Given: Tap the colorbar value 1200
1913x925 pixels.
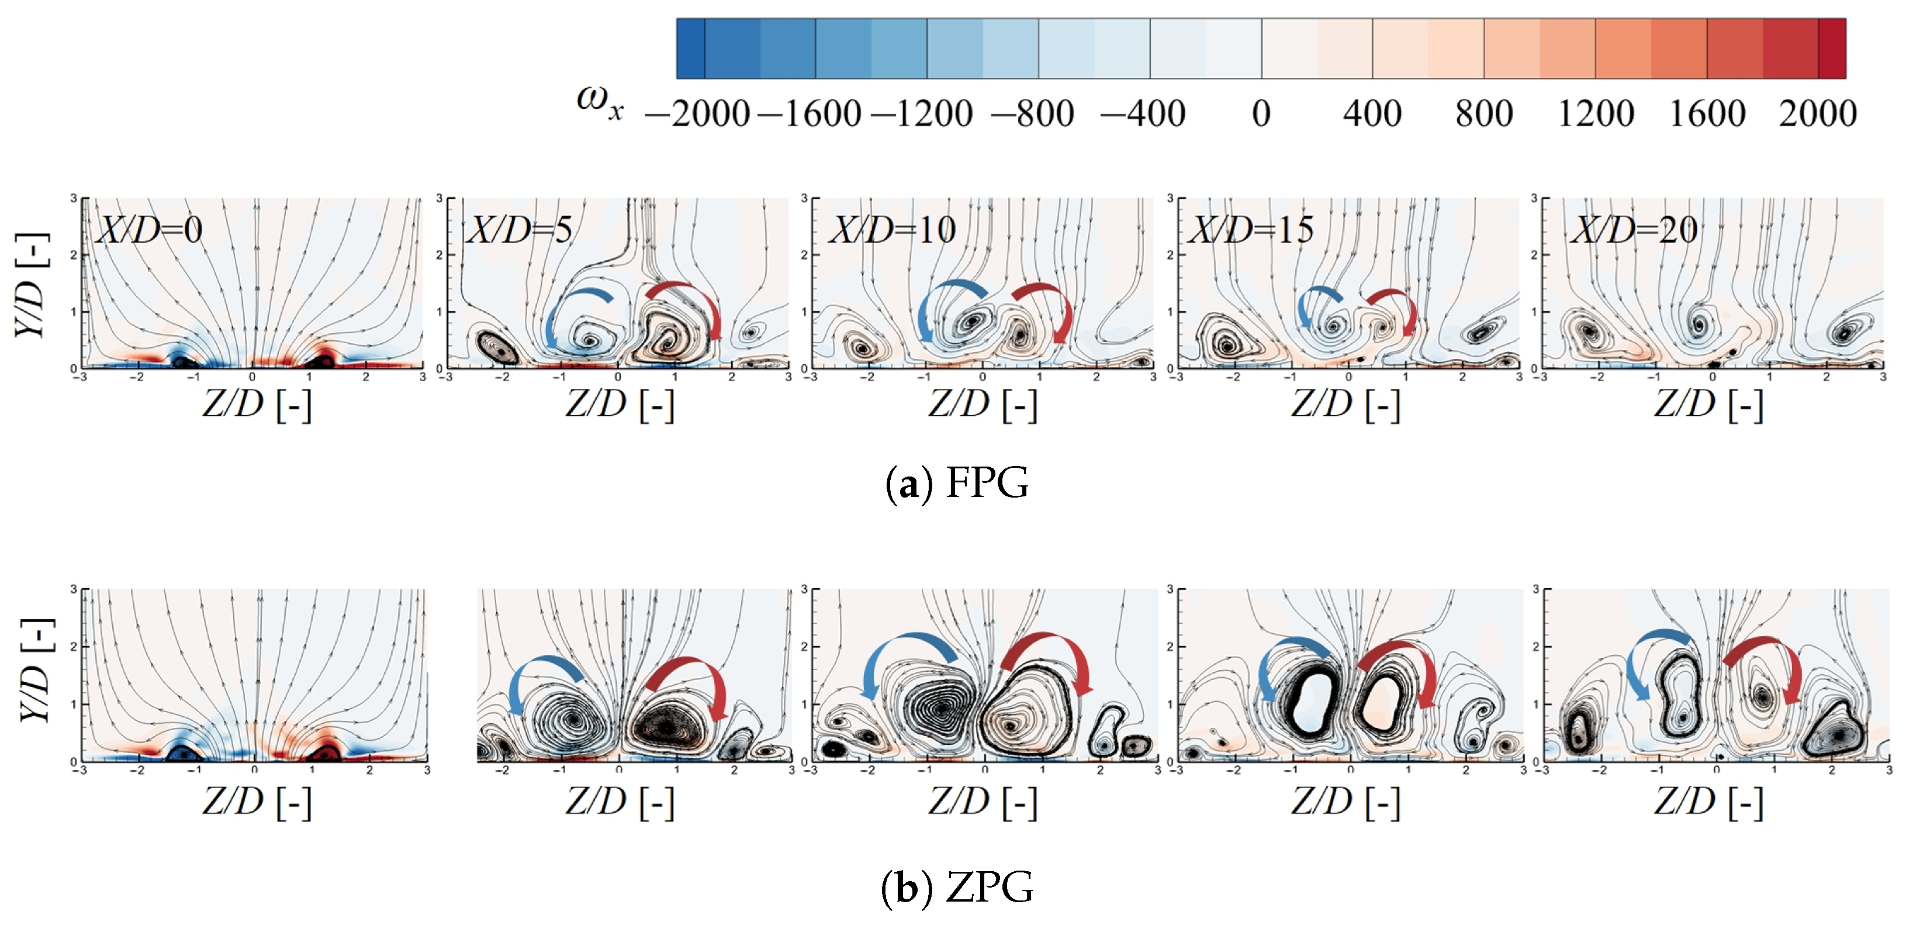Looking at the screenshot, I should [1595, 113].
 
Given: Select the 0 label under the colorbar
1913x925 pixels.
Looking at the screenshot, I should [1260, 113].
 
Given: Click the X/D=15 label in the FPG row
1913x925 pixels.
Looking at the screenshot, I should [1252, 230].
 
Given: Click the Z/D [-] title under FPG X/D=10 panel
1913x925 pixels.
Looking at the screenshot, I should [982, 405].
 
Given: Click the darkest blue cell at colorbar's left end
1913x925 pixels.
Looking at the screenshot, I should [691, 49].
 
